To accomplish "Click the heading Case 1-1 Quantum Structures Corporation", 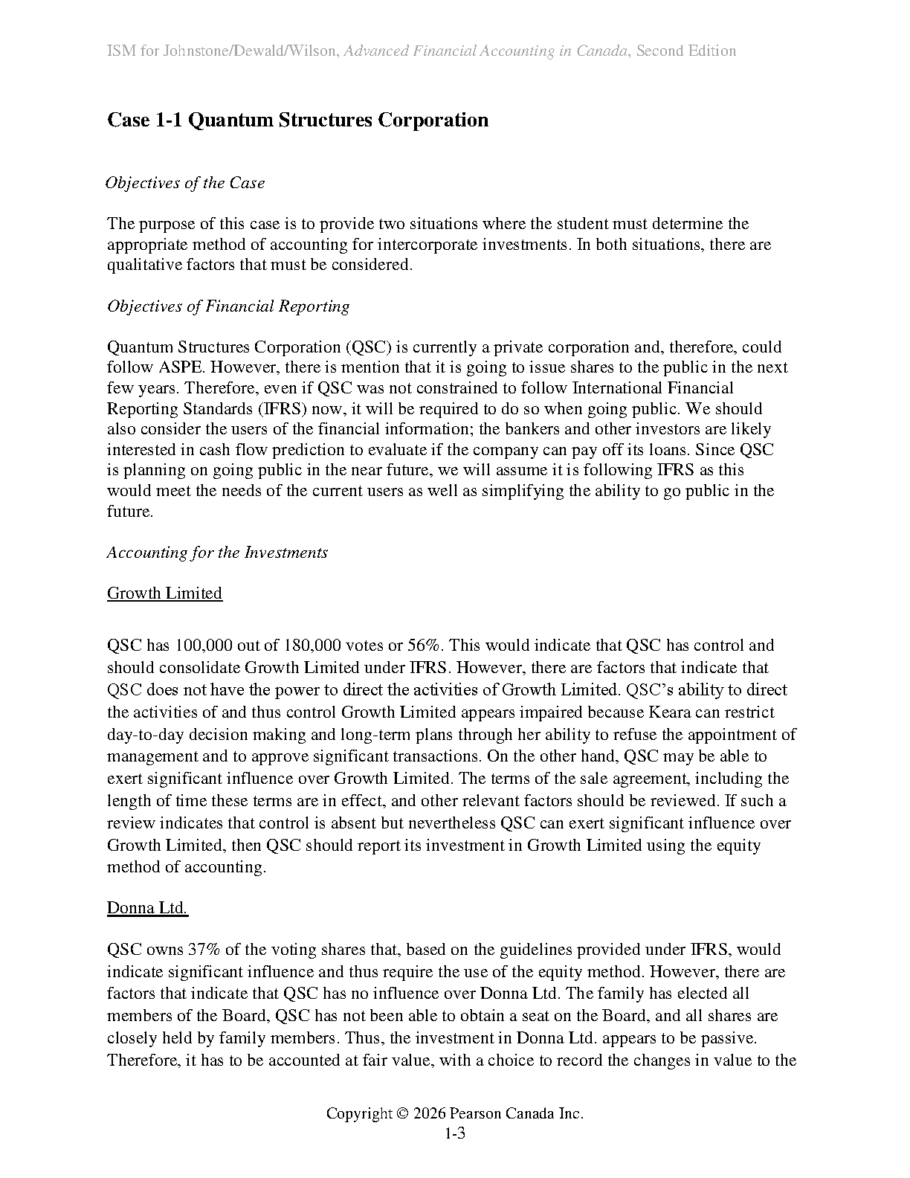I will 297,120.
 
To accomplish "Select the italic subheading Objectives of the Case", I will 185,183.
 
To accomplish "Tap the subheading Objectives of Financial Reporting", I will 228,306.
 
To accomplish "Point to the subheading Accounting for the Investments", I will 217,553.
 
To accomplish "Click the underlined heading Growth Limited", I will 164,593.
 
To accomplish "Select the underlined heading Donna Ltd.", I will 147,908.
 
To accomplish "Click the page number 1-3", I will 454,1134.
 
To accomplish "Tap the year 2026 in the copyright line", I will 430,1113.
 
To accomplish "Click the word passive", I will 728,1038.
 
